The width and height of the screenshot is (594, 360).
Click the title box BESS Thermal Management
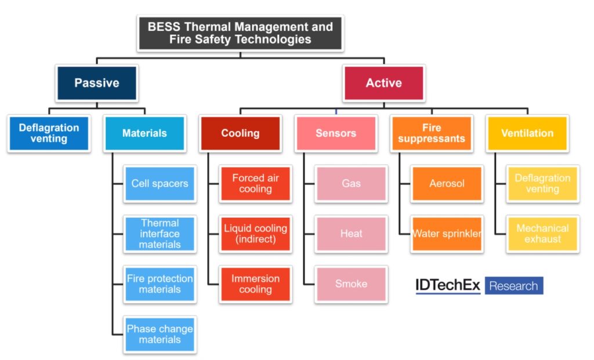pos(240,33)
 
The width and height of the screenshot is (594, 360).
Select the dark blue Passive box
pos(97,83)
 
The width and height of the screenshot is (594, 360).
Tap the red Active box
pos(383,83)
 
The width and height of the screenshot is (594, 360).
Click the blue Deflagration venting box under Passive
pos(49,133)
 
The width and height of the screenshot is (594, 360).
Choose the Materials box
pos(144,133)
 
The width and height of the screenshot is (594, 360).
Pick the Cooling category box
pos(240,133)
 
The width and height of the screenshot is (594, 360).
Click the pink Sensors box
pos(335,133)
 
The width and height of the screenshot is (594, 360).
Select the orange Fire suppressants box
pos(431,133)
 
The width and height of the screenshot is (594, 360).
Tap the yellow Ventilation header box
pos(527,133)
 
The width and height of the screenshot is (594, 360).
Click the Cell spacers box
pos(160,183)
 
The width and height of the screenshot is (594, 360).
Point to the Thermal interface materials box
pos(160,234)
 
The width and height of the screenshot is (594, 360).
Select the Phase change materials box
pos(160,334)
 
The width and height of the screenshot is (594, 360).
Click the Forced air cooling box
pos(255,183)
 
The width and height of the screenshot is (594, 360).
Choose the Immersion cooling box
pos(255,284)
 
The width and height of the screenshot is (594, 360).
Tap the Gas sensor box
pos(351,183)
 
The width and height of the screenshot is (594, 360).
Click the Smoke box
pos(351,284)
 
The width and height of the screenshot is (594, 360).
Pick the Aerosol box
pos(447,183)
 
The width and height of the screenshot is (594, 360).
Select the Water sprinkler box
pos(447,234)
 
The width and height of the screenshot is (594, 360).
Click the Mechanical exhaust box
pos(542,234)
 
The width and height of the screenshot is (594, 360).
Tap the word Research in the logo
pos(513,286)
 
